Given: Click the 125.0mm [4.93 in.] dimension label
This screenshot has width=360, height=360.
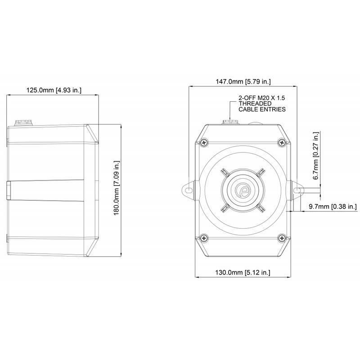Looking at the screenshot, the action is click(54, 90).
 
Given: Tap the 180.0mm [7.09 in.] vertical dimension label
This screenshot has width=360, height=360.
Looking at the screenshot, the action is click(117, 188).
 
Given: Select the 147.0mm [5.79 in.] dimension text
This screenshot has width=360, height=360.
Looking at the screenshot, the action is click(243, 81).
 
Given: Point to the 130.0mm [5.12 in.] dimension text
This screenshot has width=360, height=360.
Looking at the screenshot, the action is click(243, 273).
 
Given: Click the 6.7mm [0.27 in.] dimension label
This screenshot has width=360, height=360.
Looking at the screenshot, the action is click(316, 156).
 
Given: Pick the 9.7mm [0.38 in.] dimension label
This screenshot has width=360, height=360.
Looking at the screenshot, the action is click(333, 207).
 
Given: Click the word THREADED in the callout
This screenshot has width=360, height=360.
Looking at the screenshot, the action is click(255, 103).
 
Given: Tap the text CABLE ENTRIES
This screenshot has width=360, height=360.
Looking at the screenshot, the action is click(262, 109).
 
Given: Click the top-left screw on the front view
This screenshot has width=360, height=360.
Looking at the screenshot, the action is click(204, 143).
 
